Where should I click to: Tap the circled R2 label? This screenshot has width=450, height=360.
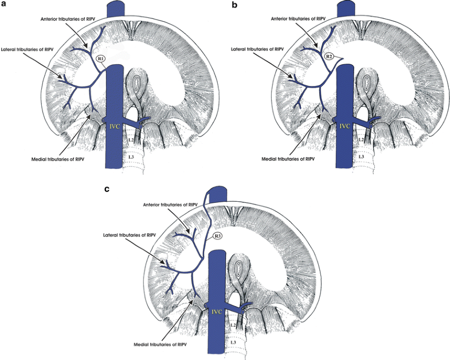coord(329,57)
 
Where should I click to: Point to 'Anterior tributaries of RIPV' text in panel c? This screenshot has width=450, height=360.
coord(172,204)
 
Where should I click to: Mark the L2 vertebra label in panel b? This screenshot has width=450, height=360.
coord(360,139)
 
